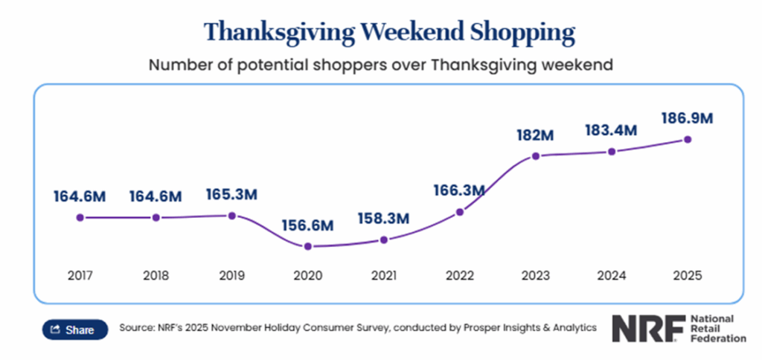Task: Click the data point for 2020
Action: pos(307,246)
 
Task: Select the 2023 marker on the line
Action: pos(535,156)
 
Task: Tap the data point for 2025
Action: pos(688,139)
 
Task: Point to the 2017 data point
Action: pos(80,217)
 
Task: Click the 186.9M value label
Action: pos(688,118)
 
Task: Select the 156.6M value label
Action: pos(307,225)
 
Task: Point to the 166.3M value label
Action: pos(459,190)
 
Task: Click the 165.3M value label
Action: pos(231,196)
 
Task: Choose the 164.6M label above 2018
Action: pos(156,196)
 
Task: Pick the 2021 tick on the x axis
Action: pos(383,275)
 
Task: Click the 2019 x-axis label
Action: pos(231,275)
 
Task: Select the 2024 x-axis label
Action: pos(612,275)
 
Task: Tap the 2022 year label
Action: pos(459,275)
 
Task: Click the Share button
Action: pos(72,330)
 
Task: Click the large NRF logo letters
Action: pos(644,328)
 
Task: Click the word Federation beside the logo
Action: pos(718,338)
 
